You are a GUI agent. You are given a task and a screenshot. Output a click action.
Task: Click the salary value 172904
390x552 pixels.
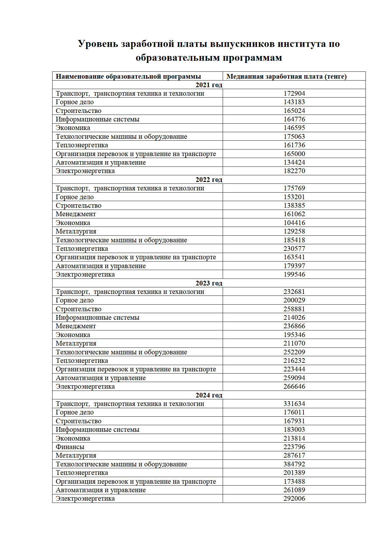[294, 93]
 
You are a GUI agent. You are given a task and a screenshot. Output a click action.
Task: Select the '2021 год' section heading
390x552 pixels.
[209, 85]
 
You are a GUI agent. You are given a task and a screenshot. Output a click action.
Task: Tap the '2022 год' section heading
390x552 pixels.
[209, 180]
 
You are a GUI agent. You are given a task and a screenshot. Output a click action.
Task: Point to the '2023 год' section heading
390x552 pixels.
[209, 283]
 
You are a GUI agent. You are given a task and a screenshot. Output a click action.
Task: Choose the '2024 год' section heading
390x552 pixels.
[209, 395]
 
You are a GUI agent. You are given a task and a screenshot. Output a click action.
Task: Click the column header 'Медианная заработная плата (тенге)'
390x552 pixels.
[286, 76]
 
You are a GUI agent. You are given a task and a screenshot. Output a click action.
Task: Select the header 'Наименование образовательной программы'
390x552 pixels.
[128, 76]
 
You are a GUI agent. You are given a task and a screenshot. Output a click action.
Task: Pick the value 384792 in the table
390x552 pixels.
[294, 464]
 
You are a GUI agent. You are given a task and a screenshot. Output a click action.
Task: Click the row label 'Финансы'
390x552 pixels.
[70, 447]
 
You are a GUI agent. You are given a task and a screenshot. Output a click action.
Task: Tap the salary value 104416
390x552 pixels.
[294, 223]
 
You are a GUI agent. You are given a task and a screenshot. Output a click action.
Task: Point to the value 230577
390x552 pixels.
[294, 249]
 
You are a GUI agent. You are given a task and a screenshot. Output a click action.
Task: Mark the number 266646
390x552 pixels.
[294, 386]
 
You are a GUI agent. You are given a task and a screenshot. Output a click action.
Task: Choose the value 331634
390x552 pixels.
[294, 404]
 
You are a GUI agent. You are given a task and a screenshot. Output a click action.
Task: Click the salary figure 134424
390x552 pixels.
[294, 162]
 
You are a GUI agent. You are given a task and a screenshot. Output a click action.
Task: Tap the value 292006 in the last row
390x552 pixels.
[294, 498]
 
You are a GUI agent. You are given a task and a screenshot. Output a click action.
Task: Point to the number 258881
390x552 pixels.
[294, 309]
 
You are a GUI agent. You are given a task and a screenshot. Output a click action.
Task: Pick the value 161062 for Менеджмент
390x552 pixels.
[294, 214]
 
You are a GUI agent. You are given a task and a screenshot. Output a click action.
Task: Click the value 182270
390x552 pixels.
[294, 171]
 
